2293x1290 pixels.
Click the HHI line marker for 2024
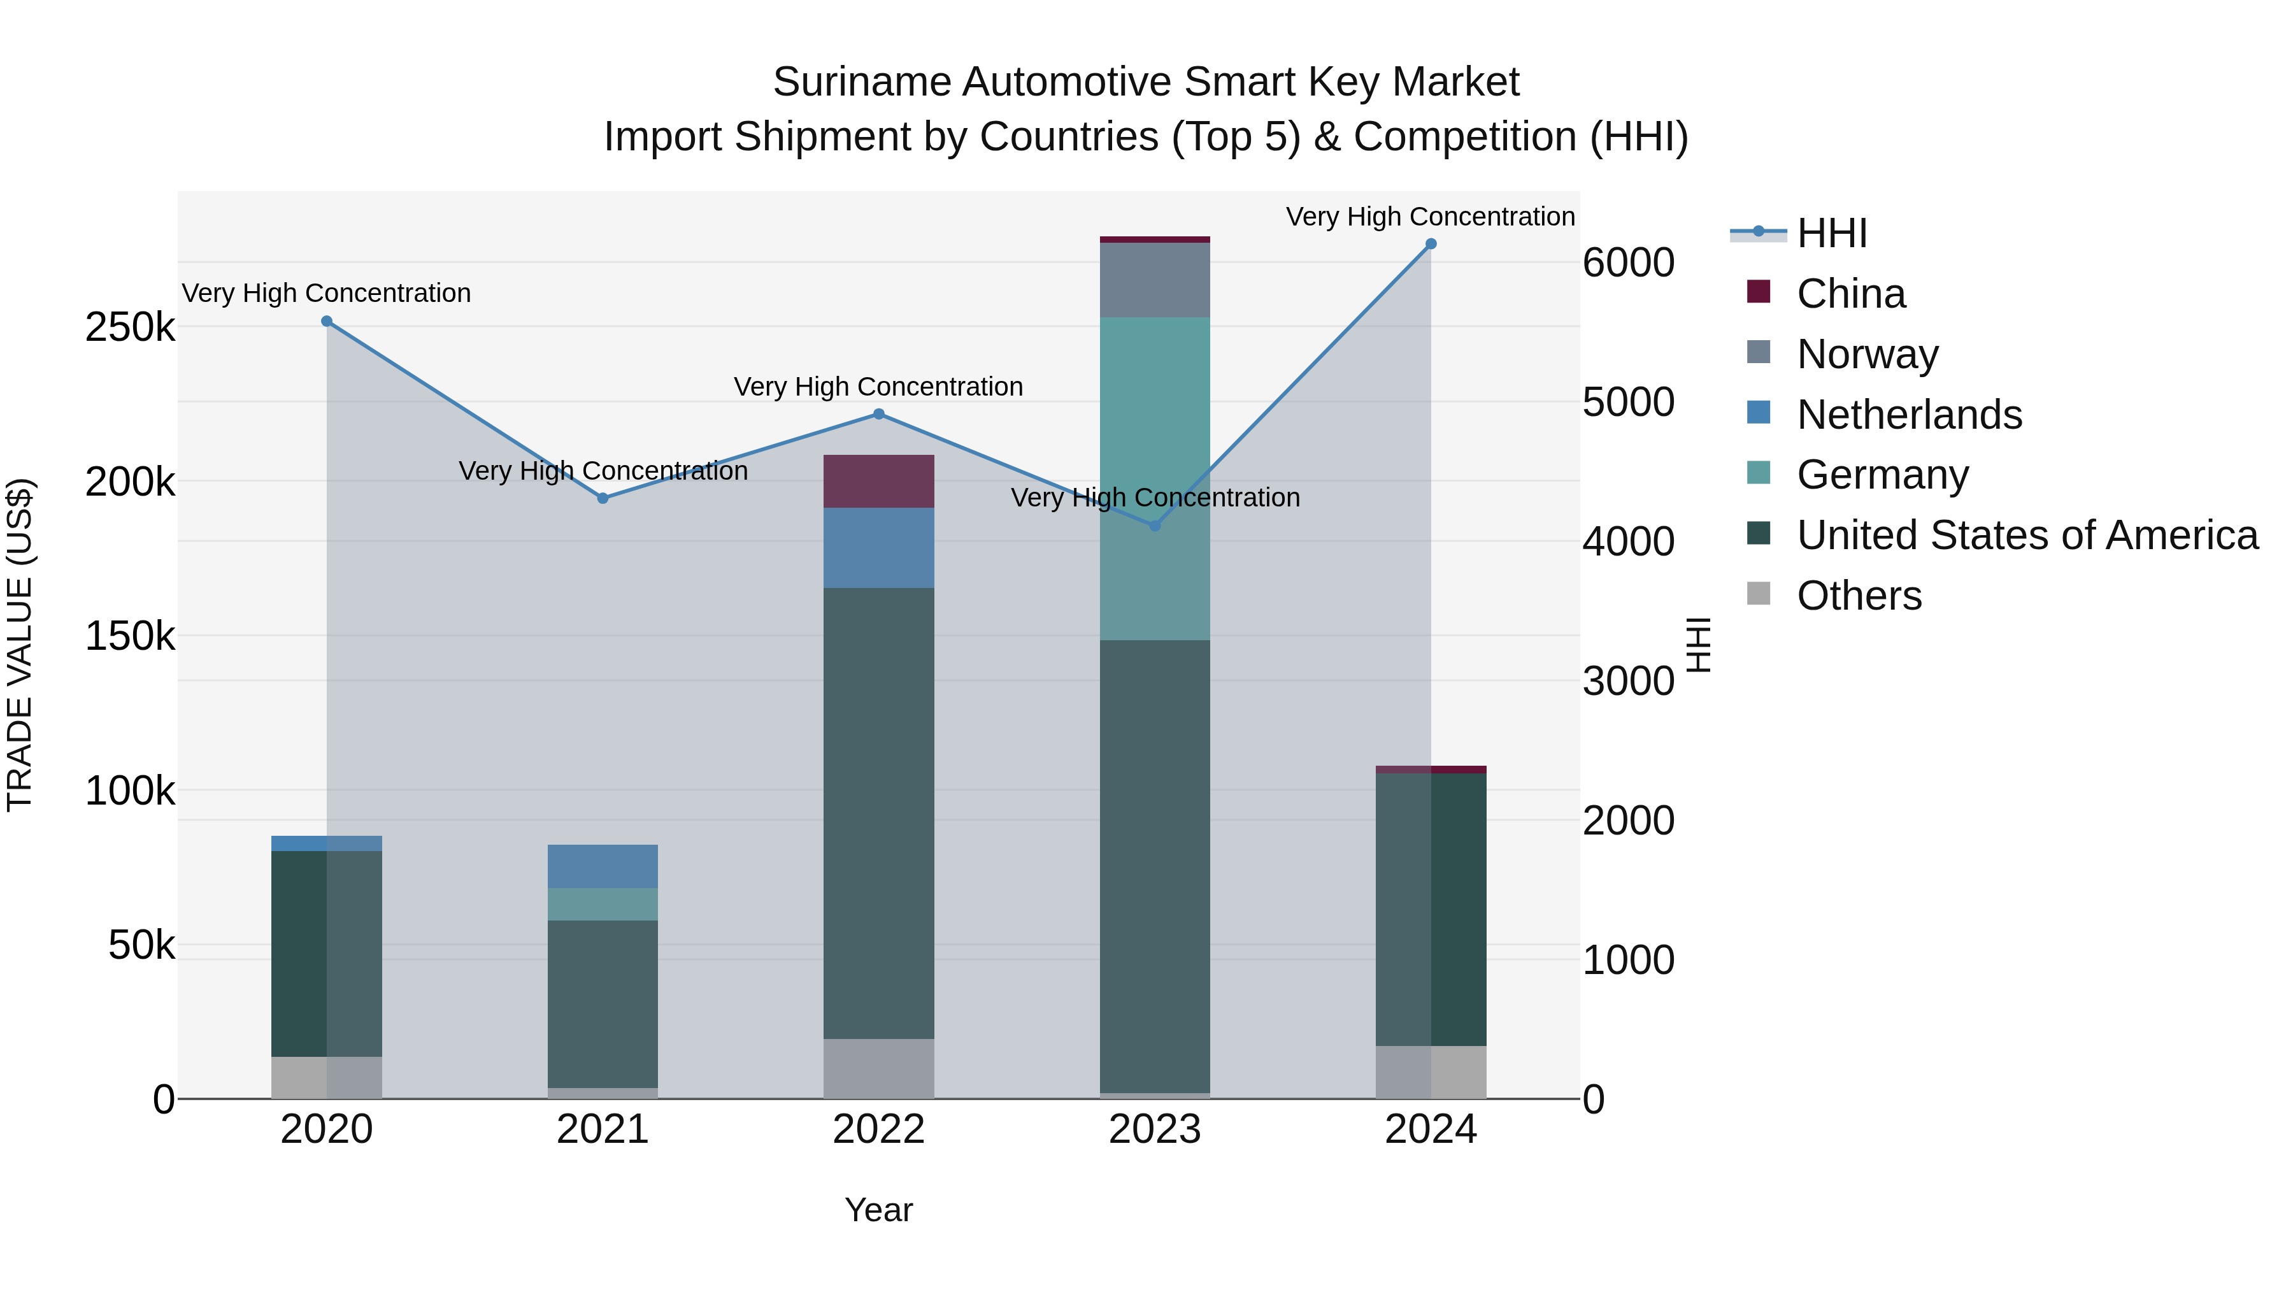coord(1431,244)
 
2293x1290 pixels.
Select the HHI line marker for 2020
coord(327,322)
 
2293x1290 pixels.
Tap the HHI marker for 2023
coord(1155,526)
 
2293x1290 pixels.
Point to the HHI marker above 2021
coord(603,499)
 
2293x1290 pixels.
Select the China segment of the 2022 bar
coord(878,481)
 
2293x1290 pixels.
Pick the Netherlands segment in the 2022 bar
coord(878,547)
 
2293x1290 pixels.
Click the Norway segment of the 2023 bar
coord(1155,280)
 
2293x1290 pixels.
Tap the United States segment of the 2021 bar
coord(603,1003)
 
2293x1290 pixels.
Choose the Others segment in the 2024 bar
coord(1431,1072)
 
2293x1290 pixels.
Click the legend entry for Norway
coord(1867,354)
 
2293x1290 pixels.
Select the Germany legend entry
coord(1882,475)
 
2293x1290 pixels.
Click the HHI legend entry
coord(1831,233)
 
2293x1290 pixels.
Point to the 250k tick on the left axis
coord(130,327)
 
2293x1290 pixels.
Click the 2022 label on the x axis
coord(878,1129)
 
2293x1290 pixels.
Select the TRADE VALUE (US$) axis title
coord(20,645)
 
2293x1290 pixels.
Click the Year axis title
coord(878,1210)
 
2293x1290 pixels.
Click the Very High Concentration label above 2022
coord(878,387)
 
